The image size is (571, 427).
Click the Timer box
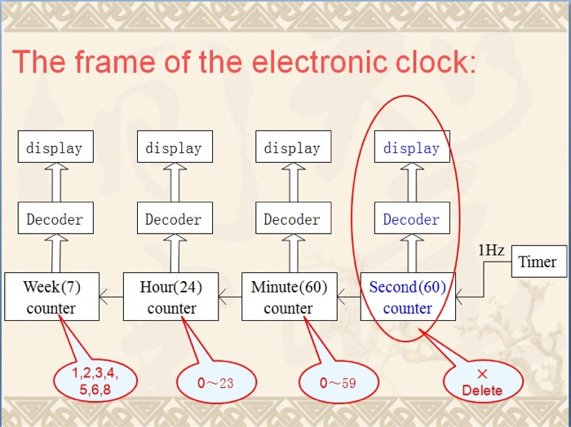point(538,262)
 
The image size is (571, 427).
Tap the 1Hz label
point(491,250)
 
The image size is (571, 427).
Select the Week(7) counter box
point(51,297)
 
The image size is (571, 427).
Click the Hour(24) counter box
point(171,297)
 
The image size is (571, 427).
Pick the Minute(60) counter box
point(289,297)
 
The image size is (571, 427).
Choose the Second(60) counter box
point(408,297)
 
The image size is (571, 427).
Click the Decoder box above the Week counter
point(55,219)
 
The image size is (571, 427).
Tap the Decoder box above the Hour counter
point(174,219)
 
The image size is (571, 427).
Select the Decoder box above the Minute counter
point(292,219)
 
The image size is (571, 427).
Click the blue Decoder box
point(411,219)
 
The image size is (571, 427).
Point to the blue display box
point(411,147)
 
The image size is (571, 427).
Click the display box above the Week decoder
point(55,147)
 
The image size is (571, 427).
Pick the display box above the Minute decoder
point(292,147)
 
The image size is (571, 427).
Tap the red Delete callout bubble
point(483,381)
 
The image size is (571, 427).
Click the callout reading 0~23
point(216,382)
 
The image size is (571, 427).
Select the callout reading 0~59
point(338,382)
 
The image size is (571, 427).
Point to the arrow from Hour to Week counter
point(111,297)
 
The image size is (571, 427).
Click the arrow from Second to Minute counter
point(348,297)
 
